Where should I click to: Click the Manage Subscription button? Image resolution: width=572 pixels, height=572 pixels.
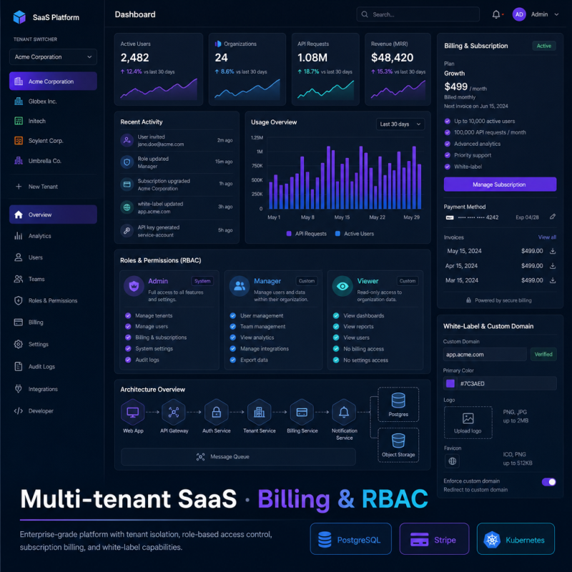tap(500, 184)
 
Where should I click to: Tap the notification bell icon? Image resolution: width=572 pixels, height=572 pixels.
tap(495, 14)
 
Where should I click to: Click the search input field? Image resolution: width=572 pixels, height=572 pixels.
tap(418, 14)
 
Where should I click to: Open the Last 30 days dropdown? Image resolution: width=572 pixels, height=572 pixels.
tap(400, 124)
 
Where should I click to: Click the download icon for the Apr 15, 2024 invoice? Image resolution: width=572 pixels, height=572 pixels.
tap(553, 266)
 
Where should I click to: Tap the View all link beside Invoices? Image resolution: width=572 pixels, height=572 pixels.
tap(547, 237)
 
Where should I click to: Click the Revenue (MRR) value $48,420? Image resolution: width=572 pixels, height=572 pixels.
tap(392, 58)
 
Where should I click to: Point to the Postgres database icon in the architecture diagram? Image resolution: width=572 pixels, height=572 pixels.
tap(398, 400)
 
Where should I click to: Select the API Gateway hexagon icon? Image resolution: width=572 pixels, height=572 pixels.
tap(174, 413)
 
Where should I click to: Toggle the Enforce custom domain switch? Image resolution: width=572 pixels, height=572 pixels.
tap(548, 482)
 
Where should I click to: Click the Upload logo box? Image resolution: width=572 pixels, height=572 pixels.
tap(468, 423)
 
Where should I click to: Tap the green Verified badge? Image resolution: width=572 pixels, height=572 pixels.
tap(543, 354)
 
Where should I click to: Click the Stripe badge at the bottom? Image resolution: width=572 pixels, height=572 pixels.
tap(434, 539)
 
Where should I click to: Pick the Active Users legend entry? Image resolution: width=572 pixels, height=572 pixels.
tap(355, 234)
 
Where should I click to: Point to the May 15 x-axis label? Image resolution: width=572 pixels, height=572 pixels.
tap(342, 217)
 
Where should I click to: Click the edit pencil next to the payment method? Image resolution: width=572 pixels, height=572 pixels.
tap(553, 217)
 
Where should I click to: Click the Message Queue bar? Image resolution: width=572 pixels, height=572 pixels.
tap(238, 457)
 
